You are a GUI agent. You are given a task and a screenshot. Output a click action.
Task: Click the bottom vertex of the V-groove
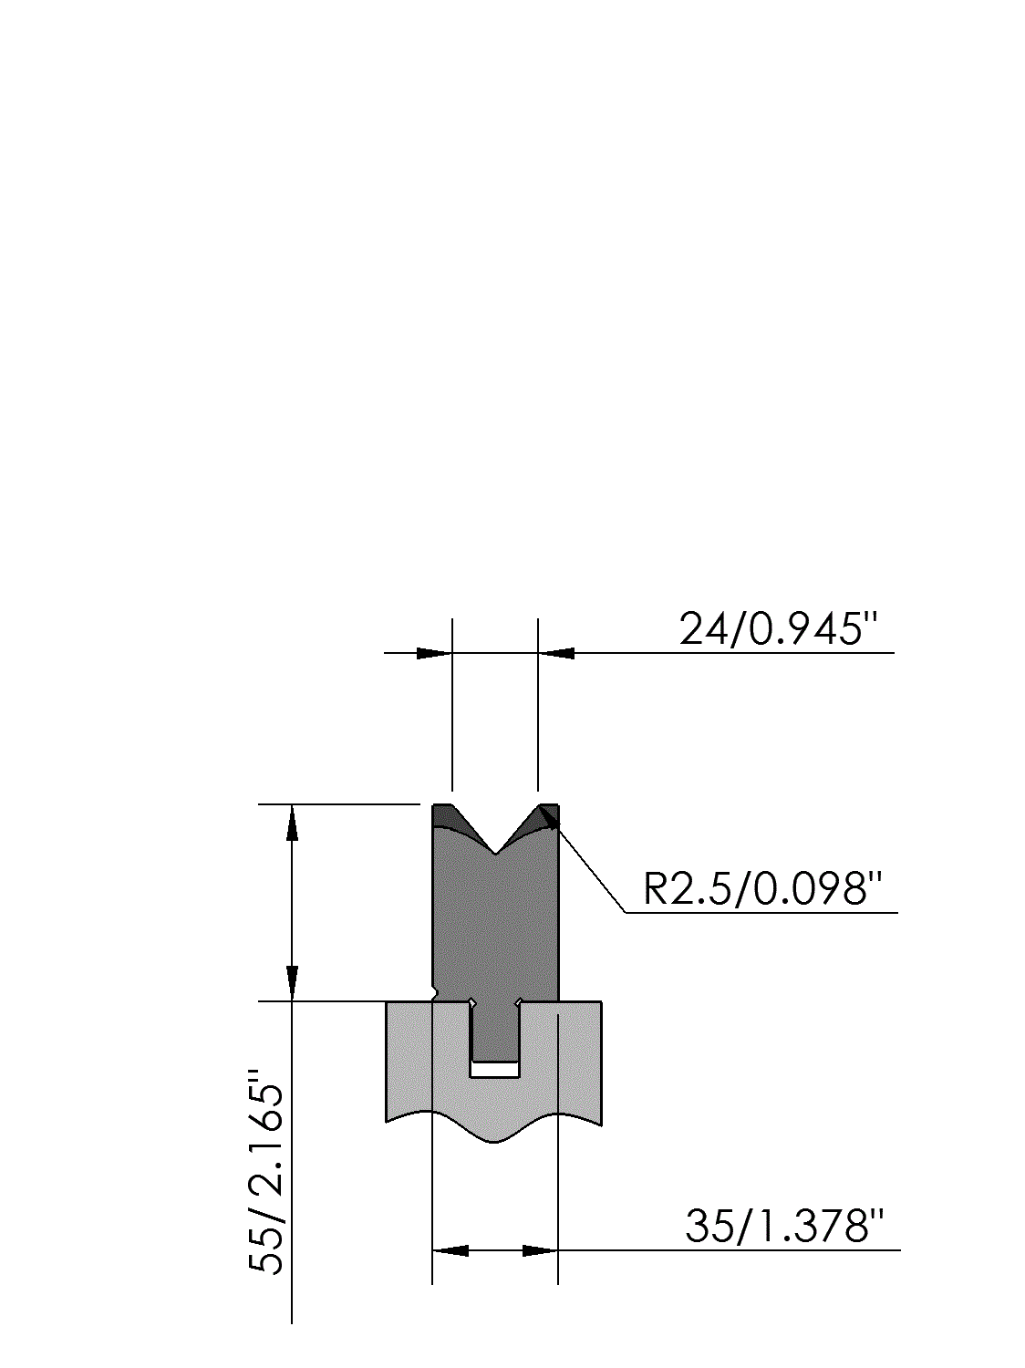point(495,854)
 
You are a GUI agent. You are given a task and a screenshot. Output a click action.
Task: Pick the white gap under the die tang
point(495,1070)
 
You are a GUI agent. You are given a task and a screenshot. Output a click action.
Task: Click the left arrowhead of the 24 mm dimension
point(434,653)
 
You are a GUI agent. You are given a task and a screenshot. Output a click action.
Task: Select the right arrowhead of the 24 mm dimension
point(555,653)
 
